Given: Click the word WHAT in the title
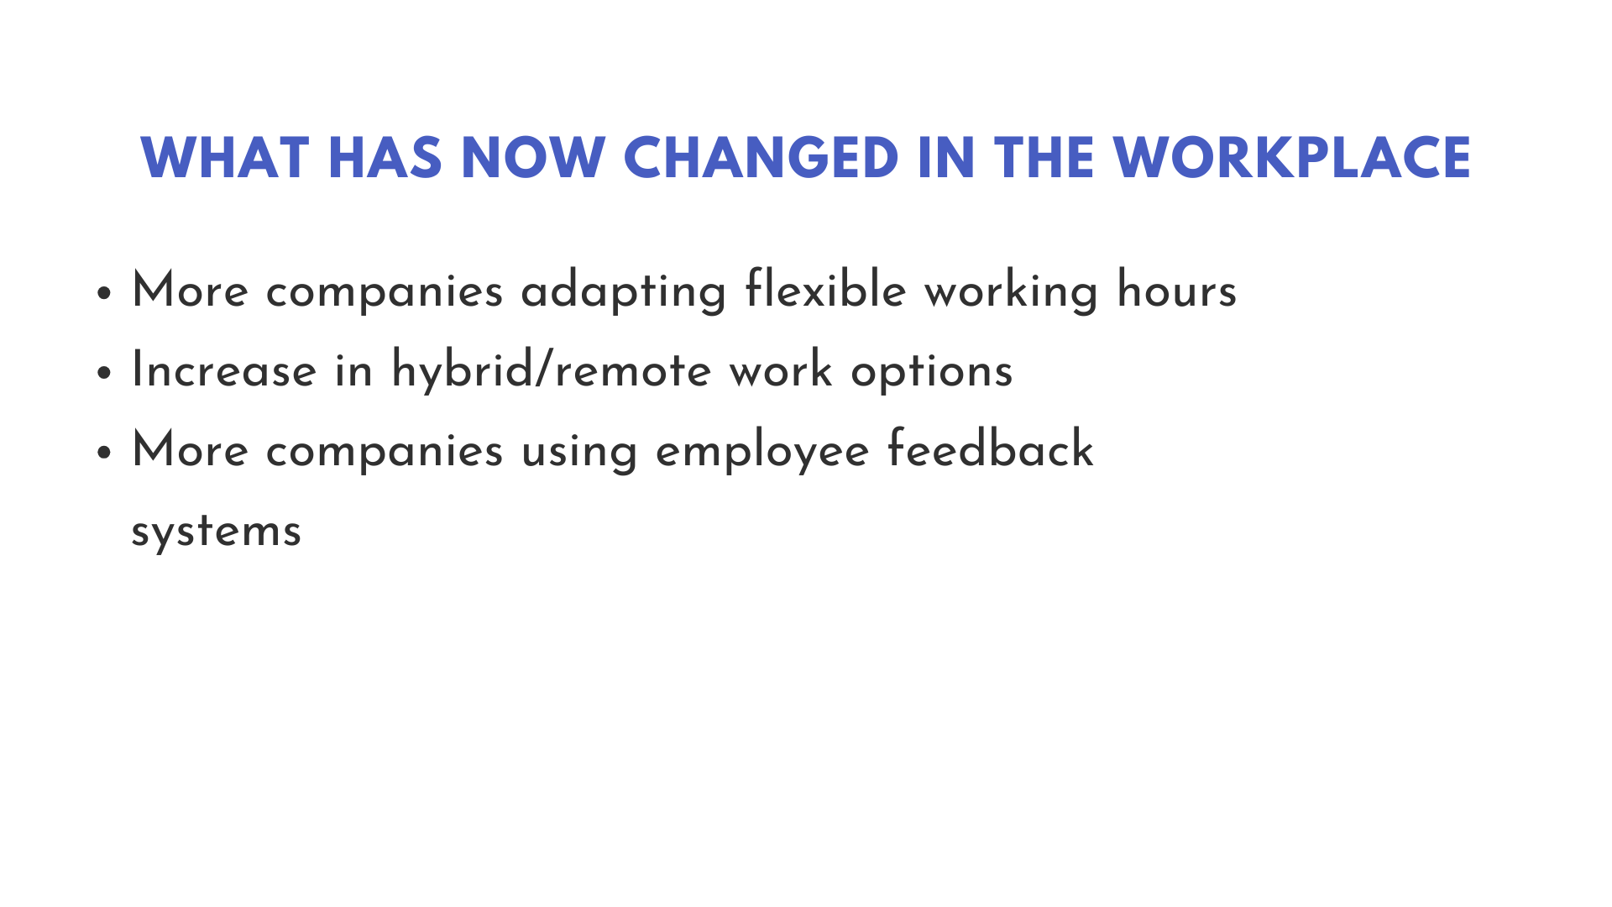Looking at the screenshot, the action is tap(224, 158).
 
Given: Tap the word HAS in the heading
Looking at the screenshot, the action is tap(385, 158).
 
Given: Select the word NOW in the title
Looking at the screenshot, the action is tap(533, 158).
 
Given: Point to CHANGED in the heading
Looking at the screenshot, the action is tap(762, 158).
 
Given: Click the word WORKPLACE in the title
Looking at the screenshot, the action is tap(1292, 158).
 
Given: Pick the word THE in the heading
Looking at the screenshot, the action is tap(1044, 158).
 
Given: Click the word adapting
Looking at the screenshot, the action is tap(624, 292).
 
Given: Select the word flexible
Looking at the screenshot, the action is tap(826, 289).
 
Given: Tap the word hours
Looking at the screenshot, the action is tap(1177, 289).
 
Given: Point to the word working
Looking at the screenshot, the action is tap(1012, 292).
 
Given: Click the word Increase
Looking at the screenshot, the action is tap(224, 370).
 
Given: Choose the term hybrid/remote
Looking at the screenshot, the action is tap(552, 371).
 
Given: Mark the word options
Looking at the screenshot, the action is tap(932, 373).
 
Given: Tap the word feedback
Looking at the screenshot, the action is tap(991, 448).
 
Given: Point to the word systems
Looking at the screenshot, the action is tap(216, 532).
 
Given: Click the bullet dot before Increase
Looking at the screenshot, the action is tap(104, 373).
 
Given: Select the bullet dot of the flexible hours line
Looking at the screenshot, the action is tap(104, 293).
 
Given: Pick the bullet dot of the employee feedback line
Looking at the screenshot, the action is tap(104, 453).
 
